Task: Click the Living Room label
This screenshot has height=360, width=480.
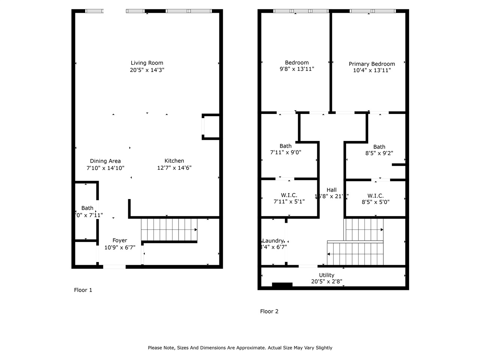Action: pos(147,63)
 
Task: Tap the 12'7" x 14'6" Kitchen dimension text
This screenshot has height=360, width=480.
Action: pos(174,168)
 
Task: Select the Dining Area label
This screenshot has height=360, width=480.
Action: pos(105,161)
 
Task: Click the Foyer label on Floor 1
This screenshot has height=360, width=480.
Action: pos(120,240)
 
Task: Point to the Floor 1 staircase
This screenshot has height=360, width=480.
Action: pos(169,229)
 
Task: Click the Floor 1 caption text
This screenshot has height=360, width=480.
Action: pos(83,290)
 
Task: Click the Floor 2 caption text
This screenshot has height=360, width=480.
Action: pos(269,311)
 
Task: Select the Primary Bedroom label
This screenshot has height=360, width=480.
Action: pos(372,64)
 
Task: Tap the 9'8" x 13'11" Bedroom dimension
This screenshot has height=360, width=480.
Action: pos(297,69)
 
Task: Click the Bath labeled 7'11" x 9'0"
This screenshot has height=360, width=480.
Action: pos(285,146)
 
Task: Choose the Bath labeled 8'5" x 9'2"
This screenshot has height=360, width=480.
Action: pos(379,147)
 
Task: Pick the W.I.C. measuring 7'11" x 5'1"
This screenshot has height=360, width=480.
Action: pos(289,195)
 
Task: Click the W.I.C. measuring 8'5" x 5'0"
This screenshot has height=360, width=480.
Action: pos(375,196)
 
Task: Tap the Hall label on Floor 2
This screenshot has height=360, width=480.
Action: pos(331,190)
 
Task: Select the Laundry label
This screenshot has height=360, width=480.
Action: pos(273,241)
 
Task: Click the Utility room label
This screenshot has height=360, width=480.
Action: pos(326,275)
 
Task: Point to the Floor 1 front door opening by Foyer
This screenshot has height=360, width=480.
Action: pos(114,267)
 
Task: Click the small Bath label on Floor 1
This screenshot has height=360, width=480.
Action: pos(87,208)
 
